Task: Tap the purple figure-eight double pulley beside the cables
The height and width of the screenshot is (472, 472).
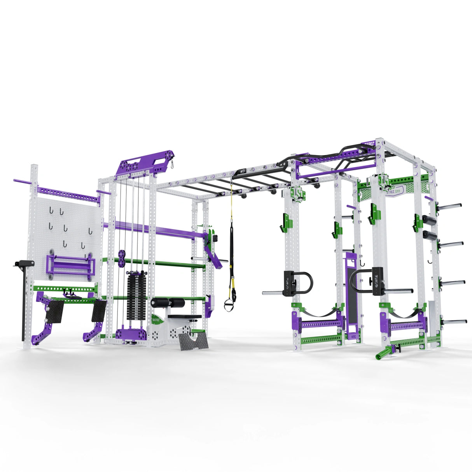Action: (x=122, y=259)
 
